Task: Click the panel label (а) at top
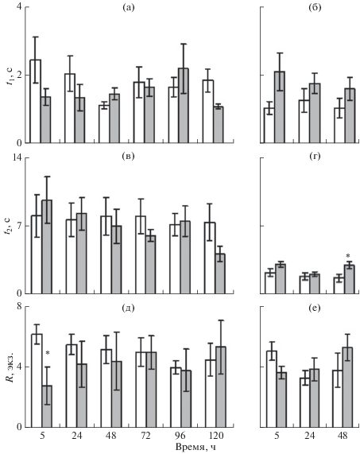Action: coord(129,7)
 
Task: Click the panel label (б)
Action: coord(315,7)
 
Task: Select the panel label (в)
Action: coord(129,157)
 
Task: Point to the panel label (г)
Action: coord(315,157)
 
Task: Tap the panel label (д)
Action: coord(129,308)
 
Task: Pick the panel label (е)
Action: coord(315,308)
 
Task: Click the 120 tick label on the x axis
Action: coord(215,436)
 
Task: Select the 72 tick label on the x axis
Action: coord(145,436)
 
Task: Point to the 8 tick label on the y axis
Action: coord(19,306)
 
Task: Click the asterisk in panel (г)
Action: coord(348,256)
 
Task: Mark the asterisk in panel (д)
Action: coord(48,353)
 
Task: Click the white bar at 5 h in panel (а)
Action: coord(35,101)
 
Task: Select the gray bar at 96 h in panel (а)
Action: coord(184,106)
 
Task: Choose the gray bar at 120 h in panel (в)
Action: coord(220,274)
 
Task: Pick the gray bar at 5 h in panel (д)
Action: coord(47,406)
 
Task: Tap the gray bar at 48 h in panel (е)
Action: coord(348,387)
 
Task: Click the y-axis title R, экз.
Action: coord(12,367)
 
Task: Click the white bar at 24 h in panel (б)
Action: coord(304,122)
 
